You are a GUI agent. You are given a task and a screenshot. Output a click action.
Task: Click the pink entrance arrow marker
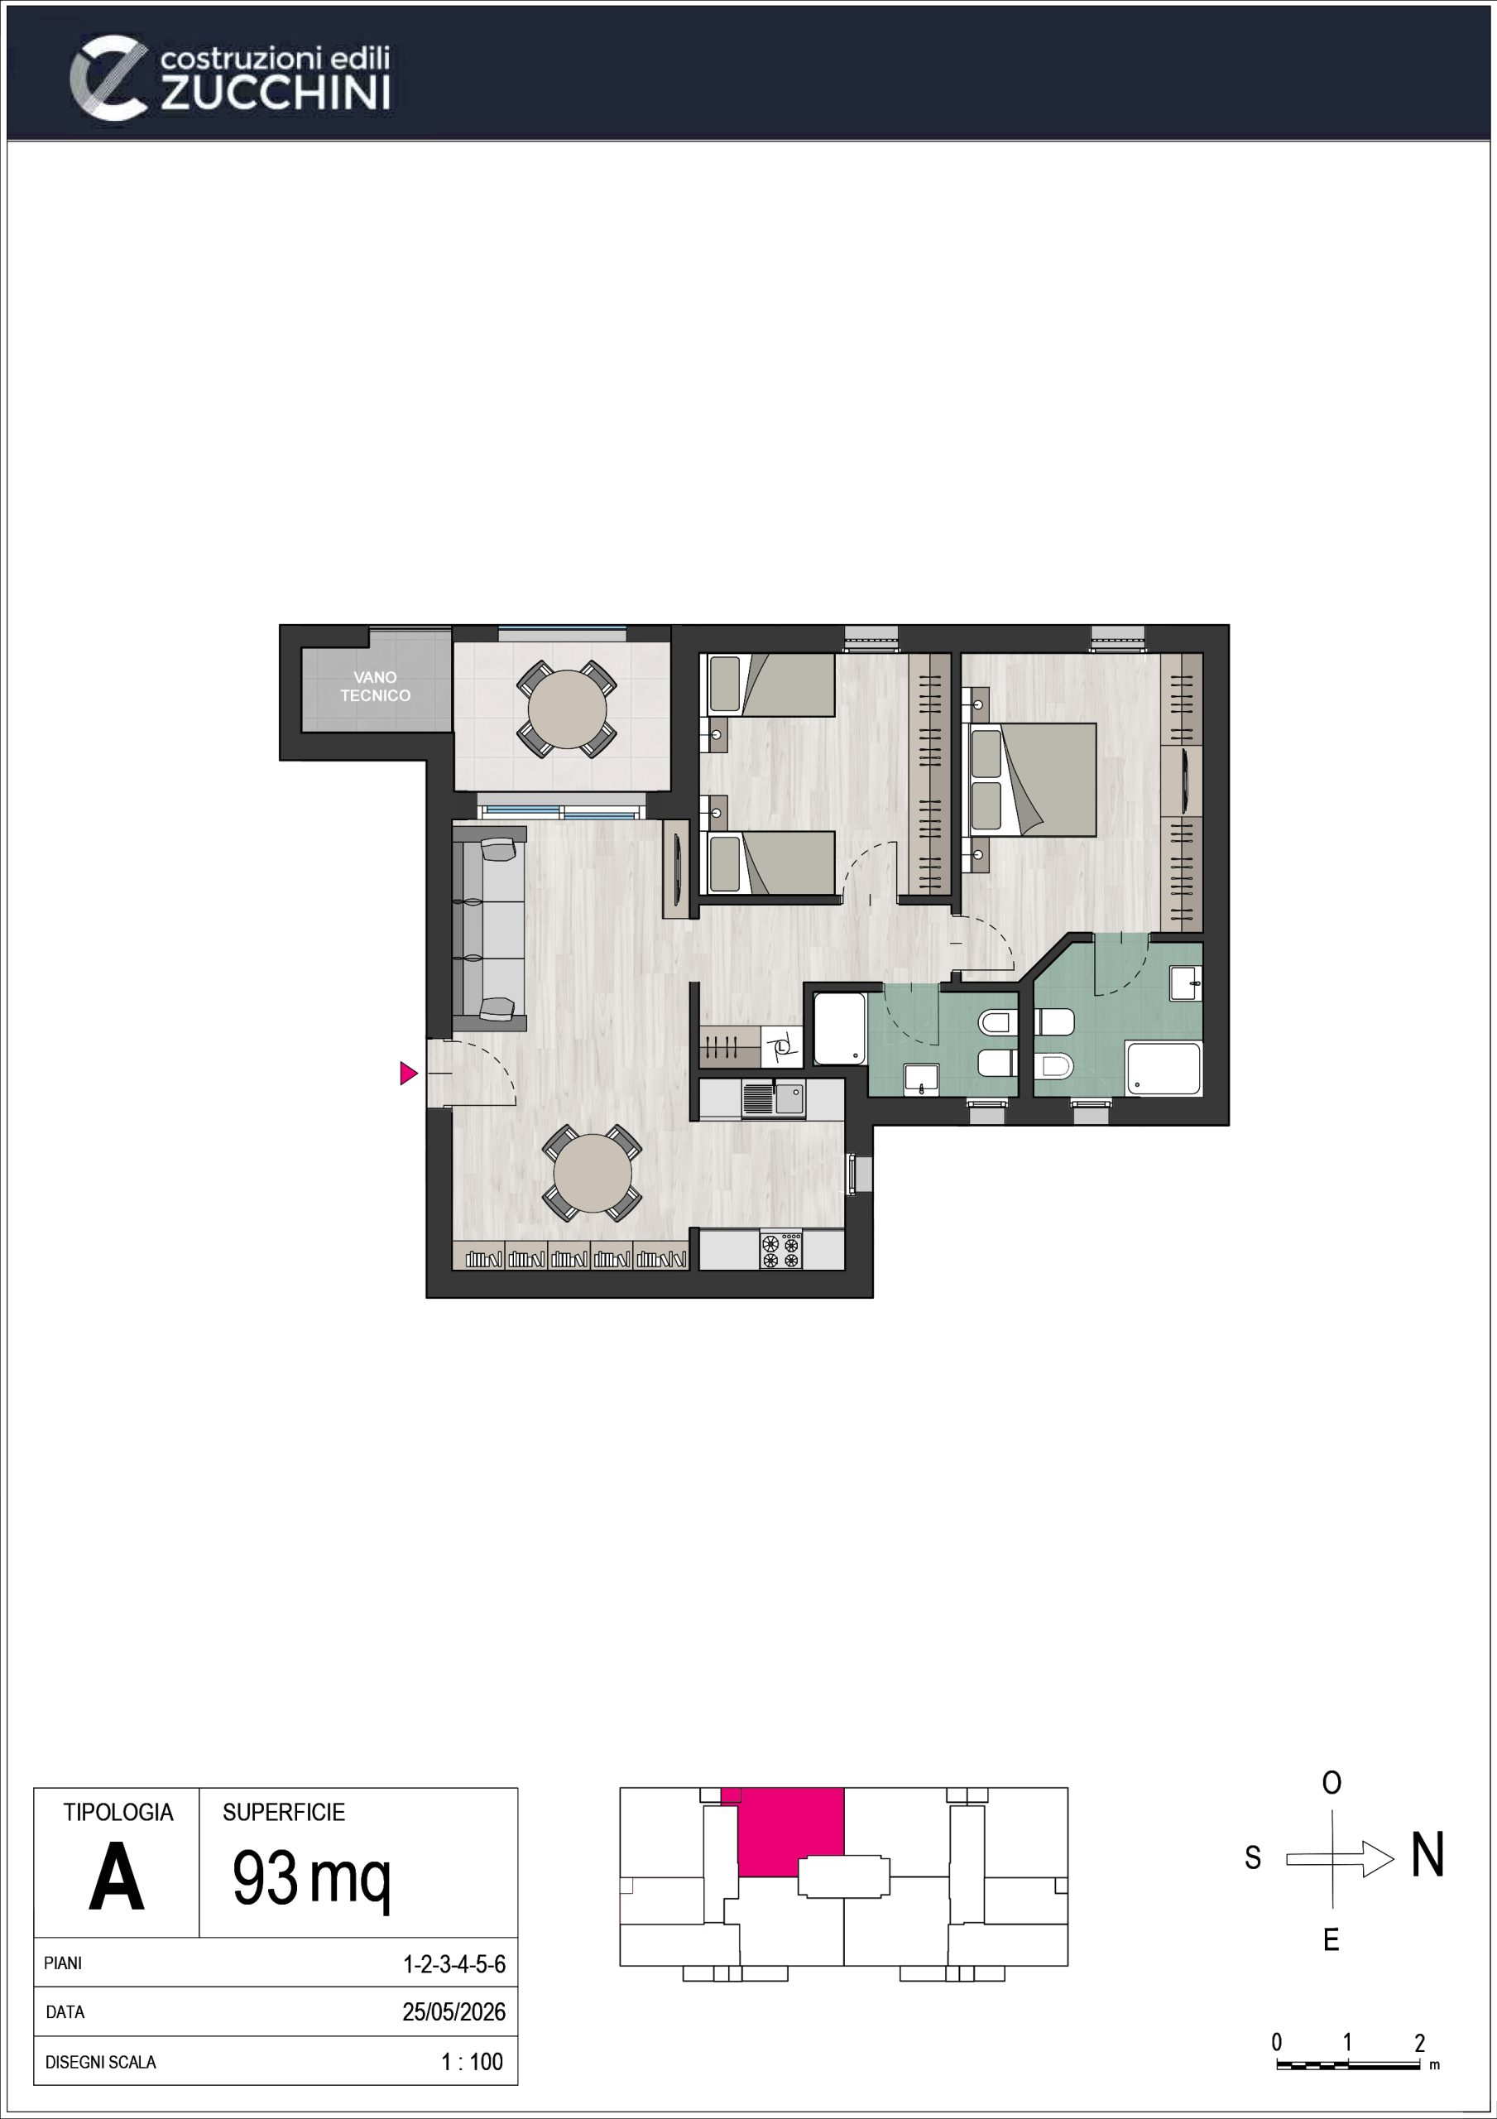[x=408, y=1074]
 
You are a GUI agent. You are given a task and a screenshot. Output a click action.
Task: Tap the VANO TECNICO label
[x=375, y=687]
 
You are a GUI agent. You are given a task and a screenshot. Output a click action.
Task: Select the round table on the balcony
[x=567, y=709]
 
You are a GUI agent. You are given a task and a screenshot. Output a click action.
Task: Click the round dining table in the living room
[x=593, y=1173]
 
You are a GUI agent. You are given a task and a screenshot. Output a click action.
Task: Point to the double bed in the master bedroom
[x=1032, y=781]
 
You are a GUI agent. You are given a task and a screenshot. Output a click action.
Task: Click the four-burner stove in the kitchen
[x=781, y=1250]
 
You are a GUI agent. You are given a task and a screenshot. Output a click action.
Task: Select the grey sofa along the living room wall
[x=489, y=929]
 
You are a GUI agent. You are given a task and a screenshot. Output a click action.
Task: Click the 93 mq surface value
[x=312, y=1878]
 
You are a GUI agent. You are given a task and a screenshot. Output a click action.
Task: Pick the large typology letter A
[x=117, y=1877]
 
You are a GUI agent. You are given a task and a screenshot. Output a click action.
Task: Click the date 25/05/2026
[x=454, y=2011]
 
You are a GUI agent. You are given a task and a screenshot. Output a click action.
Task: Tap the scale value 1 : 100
[x=473, y=2061]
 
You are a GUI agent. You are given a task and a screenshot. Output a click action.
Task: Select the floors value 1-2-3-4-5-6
[x=454, y=1963]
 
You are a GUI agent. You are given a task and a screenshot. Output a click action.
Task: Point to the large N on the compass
[x=1427, y=1855]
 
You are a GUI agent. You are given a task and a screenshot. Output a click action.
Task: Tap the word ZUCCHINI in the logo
[x=276, y=94]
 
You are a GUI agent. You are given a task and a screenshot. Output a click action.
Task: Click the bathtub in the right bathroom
[x=1163, y=1069]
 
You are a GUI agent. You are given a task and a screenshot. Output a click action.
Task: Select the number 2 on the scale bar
[x=1419, y=2042]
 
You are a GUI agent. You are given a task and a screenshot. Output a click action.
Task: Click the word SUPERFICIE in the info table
[x=283, y=1812]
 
